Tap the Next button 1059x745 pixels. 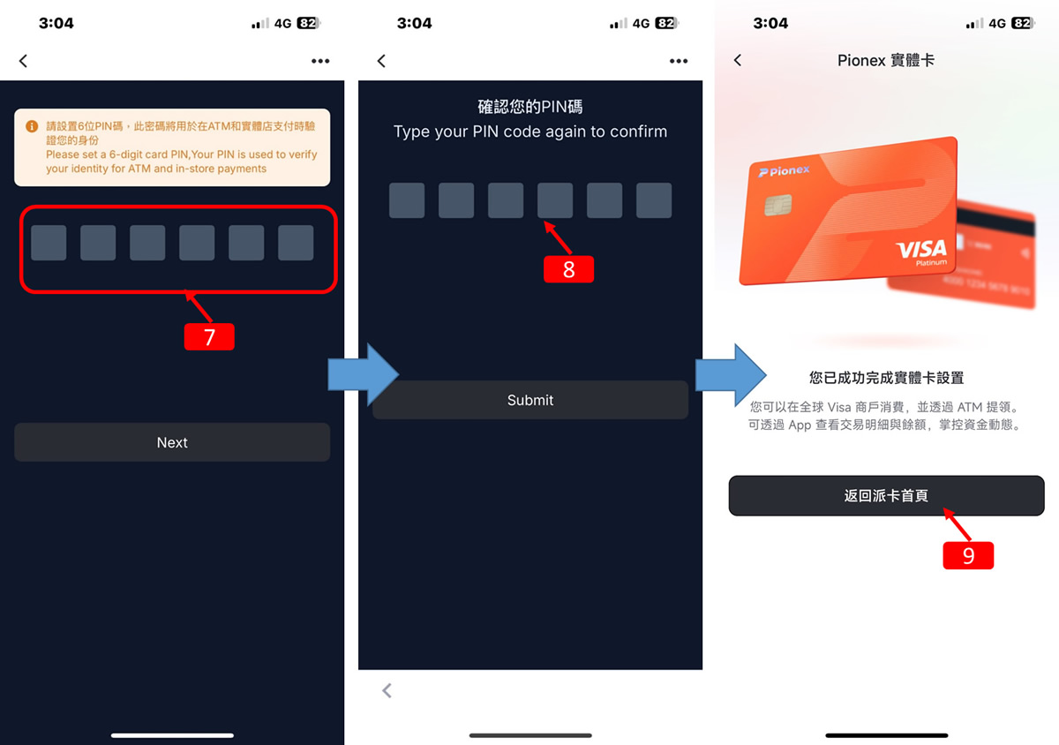[172, 442]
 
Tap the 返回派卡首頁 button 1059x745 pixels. [886, 496]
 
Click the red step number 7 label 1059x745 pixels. [209, 337]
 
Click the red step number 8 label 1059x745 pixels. [568, 269]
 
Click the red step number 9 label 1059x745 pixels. [968, 555]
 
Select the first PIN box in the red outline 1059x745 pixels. [49, 243]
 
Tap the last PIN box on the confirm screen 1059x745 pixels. [654, 200]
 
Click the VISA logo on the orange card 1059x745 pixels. [921, 249]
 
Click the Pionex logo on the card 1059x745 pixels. [784, 171]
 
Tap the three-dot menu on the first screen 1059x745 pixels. [320, 61]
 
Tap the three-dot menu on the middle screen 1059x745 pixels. [678, 61]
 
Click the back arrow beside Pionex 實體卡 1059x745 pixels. [738, 60]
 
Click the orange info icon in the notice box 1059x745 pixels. [32, 126]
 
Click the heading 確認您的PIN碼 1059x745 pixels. [530, 107]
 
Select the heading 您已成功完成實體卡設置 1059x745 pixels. [886, 378]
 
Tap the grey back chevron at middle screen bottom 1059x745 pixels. [387, 690]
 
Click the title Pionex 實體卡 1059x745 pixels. [886, 60]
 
